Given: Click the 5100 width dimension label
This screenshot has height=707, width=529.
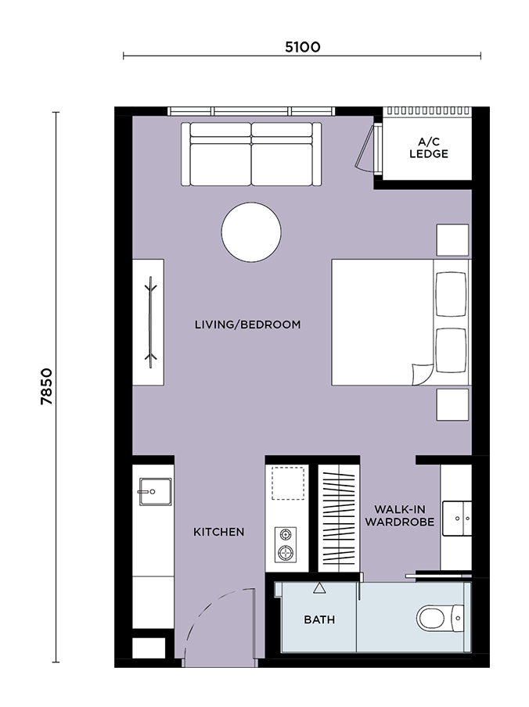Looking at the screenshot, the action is click(302, 47).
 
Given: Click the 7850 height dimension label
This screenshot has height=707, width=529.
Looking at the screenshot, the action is click(46, 386).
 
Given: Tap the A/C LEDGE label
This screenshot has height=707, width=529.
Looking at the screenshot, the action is click(428, 148).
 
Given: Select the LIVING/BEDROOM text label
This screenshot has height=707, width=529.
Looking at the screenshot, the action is click(247, 325).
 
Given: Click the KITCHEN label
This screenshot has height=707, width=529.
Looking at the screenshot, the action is click(219, 532).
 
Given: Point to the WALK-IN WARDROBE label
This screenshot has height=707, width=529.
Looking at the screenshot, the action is click(400, 515).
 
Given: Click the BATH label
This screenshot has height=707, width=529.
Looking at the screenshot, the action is click(319, 620).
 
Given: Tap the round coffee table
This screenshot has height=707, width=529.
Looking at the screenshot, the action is click(251, 231).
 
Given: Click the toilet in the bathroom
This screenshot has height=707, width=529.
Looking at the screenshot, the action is click(440, 618).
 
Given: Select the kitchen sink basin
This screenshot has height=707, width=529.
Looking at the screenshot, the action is click(155, 491).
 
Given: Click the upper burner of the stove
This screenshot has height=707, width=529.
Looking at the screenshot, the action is click(286, 535).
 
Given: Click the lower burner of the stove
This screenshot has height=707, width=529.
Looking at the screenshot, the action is click(286, 552).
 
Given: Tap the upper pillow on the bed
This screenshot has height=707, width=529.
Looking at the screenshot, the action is click(451, 294).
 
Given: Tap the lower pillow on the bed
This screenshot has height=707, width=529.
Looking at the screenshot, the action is click(451, 350).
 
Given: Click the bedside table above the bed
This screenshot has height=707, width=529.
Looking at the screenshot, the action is click(452, 240).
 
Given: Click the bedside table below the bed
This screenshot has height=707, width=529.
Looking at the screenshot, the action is click(452, 405).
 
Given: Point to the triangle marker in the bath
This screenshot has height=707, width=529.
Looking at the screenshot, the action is click(319, 588).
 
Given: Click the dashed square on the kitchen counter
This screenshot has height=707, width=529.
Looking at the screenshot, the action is click(288, 483).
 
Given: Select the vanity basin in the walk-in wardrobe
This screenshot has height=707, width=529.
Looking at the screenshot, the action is click(457, 519).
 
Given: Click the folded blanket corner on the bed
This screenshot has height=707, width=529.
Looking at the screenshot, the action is click(423, 375).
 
